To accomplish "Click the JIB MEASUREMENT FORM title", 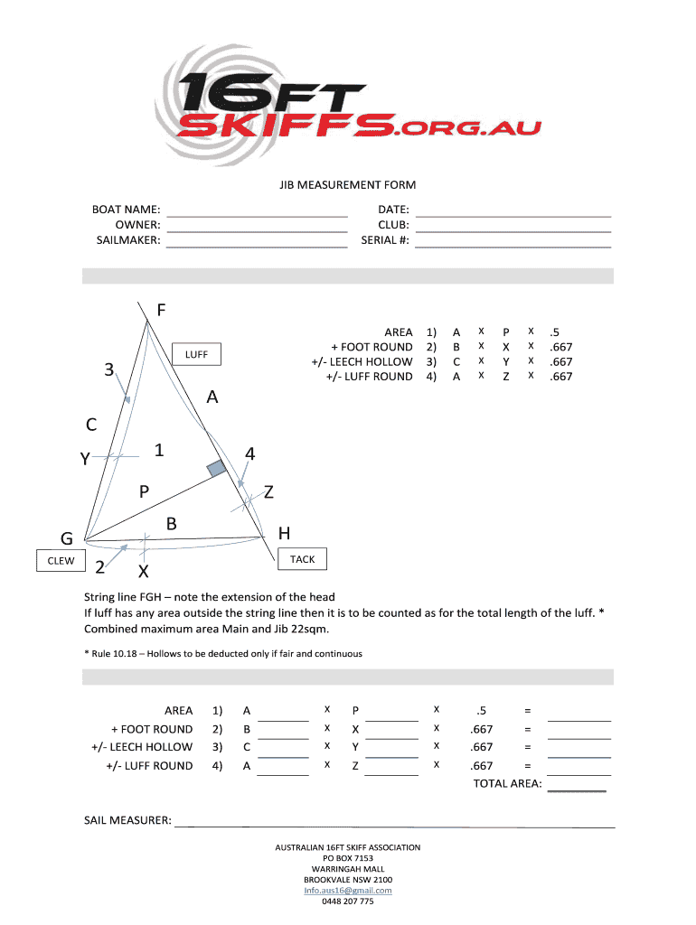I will [x=347, y=185].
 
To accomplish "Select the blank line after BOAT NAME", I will [x=258, y=212].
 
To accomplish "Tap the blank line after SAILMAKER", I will [x=258, y=242].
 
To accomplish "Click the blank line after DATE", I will [x=513, y=212].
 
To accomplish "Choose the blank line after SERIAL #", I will [x=513, y=242].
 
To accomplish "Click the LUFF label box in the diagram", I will [x=197, y=355].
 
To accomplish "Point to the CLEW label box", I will [x=61, y=561].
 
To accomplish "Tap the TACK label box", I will [x=303, y=560].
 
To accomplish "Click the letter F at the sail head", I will [x=161, y=311].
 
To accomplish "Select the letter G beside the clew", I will [x=67, y=539].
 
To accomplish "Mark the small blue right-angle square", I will [x=215, y=468].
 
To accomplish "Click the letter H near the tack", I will [x=284, y=534].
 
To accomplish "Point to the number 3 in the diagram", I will [x=108, y=370].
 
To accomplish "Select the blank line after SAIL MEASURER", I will [x=394, y=822].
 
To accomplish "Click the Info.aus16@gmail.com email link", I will [x=348, y=891].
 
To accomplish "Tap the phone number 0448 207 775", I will [x=348, y=902].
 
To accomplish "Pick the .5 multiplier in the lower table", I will [x=481, y=711].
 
